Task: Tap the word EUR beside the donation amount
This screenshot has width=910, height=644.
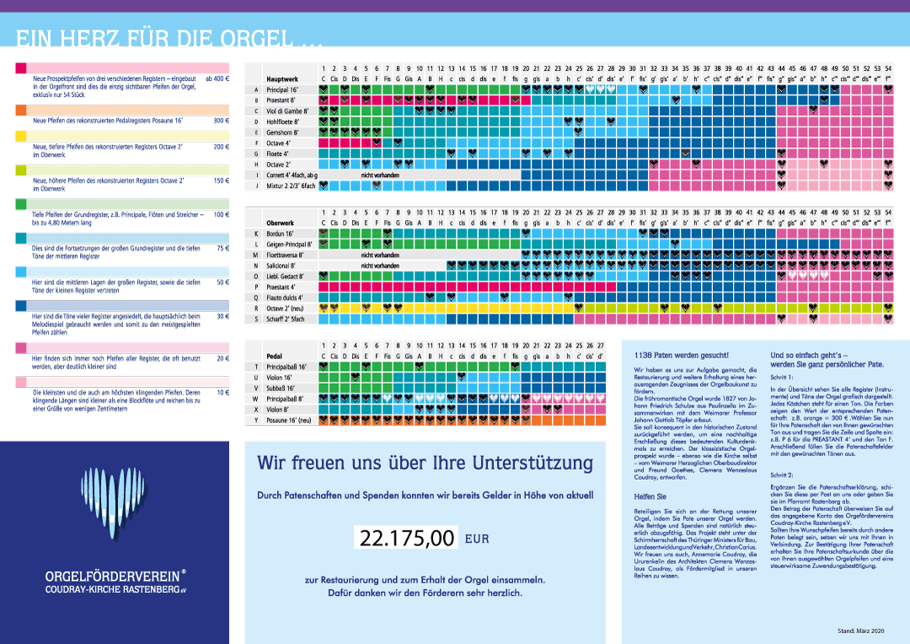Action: (x=478, y=537)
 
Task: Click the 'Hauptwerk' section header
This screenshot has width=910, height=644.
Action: (x=284, y=78)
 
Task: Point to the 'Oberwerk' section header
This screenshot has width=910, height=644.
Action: (x=281, y=223)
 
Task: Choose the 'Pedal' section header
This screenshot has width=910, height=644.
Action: (x=274, y=356)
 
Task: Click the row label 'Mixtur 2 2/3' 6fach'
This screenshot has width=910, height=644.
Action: (x=291, y=185)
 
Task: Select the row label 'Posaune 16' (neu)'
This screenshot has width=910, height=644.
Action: (x=289, y=420)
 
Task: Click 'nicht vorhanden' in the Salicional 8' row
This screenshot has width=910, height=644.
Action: (x=380, y=266)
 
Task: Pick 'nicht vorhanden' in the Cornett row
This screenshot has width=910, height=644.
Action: (x=380, y=174)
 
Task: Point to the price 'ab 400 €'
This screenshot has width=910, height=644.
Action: (x=217, y=78)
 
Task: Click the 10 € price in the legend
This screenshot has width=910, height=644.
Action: (x=222, y=393)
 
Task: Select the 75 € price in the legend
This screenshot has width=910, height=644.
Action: (x=222, y=249)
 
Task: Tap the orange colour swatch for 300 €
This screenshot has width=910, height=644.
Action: (x=21, y=110)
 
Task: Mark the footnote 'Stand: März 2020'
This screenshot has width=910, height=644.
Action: (x=861, y=631)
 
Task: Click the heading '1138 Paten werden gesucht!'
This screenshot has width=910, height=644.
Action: (x=675, y=356)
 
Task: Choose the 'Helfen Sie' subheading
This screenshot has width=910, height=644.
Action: (x=650, y=496)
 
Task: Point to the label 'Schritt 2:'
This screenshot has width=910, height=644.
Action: (x=783, y=475)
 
